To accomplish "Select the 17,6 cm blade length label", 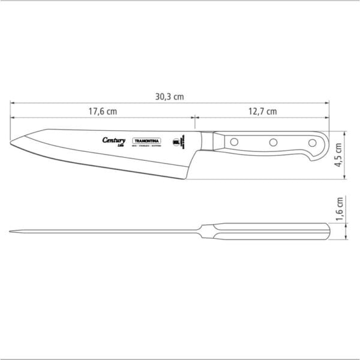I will coord(103,111).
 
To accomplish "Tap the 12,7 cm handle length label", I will coord(262,111).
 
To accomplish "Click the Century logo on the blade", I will coord(114,140).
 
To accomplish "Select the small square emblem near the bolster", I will coord(176,142).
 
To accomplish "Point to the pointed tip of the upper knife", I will coord(13,142).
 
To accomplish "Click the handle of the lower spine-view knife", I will coord(270,231).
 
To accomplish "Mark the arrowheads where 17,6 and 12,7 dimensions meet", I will coord(193,118).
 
